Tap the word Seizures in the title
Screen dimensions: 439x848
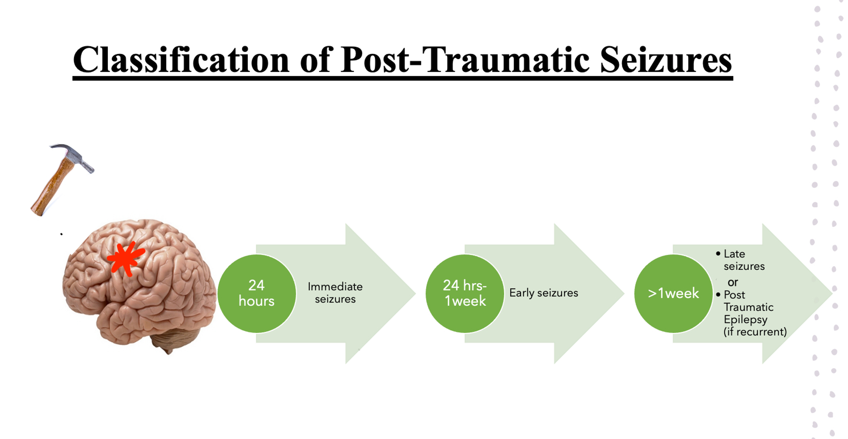pos(666,60)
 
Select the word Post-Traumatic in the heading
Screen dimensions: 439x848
pos(464,60)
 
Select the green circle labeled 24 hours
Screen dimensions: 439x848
pos(256,293)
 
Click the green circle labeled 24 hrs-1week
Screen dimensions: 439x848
pos(465,293)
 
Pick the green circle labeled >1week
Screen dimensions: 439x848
pos(673,293)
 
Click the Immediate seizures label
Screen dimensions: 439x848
pos(335,293)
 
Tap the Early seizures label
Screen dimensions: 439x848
pos(544,293)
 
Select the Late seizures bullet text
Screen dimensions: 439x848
pos(744,260)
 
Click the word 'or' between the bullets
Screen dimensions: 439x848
pos(733,282)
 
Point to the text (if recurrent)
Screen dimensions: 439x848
pos(755,332)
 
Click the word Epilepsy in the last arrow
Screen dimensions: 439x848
pos(745,319)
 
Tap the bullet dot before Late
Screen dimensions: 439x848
pos(718,253)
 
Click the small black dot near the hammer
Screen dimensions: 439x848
pos(62,234)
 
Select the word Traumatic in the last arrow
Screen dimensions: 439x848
pos(748,307)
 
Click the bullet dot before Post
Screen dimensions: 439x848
pos(718,294)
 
